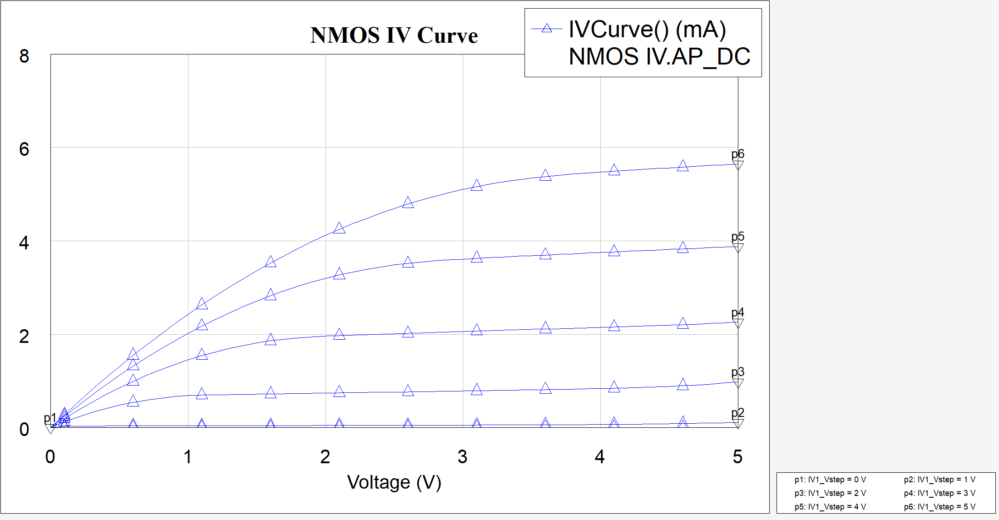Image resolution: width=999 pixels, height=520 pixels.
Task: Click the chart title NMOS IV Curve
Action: (394, 35)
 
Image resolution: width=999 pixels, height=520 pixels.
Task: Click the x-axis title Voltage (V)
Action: (394, 482)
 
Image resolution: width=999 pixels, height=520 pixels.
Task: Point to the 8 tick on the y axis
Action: (24, 56)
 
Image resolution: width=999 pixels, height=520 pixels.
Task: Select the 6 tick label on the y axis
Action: (24, 149)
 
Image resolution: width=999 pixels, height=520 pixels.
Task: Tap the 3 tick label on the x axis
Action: (462, 457)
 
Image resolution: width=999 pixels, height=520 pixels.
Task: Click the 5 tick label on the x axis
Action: (737, 457)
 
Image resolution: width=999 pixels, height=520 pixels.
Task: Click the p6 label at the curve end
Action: (737, 154)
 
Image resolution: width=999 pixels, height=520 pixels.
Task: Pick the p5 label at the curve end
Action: (737, 237)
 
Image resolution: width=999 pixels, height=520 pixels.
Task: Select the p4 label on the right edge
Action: (737, 312)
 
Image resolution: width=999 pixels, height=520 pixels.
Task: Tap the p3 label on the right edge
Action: (737, 372)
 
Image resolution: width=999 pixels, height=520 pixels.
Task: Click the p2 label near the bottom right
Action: (737, 413)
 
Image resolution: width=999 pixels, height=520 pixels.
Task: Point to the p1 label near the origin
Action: (50, 418)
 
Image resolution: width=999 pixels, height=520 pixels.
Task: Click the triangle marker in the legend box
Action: (547, 29)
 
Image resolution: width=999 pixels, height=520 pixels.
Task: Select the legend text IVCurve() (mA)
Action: (647, 30)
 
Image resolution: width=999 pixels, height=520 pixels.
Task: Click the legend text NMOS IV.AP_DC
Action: (659, 57)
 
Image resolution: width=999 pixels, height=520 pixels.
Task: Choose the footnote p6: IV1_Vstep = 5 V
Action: (939, 507)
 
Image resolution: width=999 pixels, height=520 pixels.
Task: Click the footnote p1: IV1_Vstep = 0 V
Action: (830, 480)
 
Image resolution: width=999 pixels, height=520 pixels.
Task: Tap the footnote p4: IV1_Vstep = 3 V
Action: (939, 493)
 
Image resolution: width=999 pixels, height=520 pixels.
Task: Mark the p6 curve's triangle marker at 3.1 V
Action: (476, 185)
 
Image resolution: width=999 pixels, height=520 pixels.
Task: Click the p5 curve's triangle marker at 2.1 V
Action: (339, 274)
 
